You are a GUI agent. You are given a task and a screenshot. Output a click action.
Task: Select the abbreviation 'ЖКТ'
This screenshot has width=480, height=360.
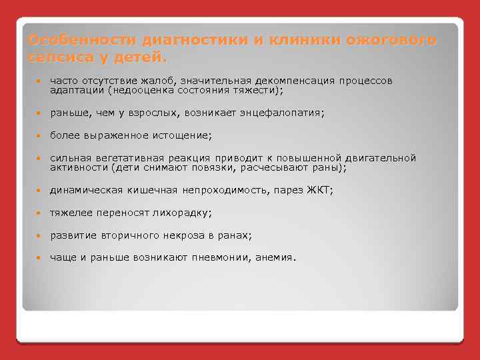pos(319,190)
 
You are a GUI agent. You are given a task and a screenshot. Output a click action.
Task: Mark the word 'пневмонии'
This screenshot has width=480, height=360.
pos(221,258)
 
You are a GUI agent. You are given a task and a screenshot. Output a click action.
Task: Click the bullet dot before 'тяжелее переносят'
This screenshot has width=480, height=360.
pos(40,213)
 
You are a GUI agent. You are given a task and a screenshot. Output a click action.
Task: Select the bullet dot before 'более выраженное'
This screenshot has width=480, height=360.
pos(40,136)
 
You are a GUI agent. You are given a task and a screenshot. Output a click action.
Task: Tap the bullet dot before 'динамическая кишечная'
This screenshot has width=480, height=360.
pos(40,191)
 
